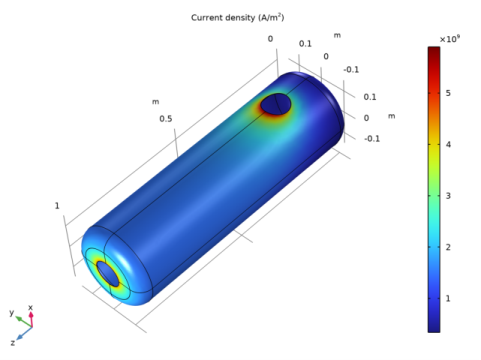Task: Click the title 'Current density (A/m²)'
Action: [237, 17]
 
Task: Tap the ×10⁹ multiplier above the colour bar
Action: [450, 39]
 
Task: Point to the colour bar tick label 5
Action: [448, 93]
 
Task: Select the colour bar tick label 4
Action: [448, 145]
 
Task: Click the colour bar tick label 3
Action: [448, 196]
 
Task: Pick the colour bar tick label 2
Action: [448, 247]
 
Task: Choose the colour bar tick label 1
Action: [448, 299]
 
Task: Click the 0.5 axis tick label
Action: [166, 119]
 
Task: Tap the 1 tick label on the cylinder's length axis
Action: [57, 206]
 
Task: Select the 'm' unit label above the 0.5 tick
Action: [155, 102]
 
